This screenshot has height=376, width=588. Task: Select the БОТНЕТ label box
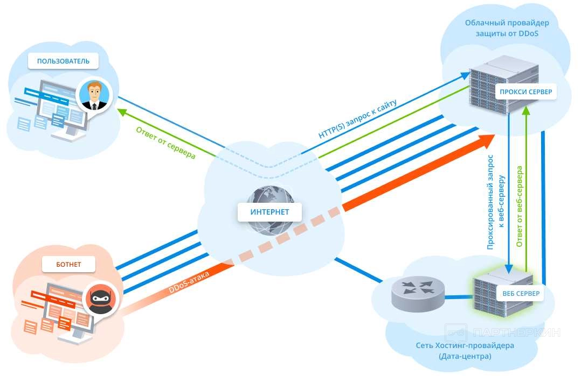point(69,264)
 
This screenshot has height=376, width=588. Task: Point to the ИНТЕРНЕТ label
point(269,211)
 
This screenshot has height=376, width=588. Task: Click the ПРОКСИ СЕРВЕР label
point(525,92)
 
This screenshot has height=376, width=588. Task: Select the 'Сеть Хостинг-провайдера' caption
point(465,345)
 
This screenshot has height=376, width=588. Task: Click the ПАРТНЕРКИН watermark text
point(516,332)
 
